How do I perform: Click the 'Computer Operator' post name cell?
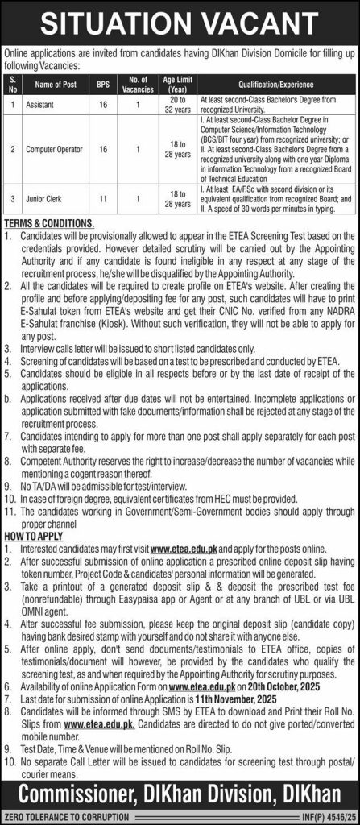pyautogui.click(x=56, y=148)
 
